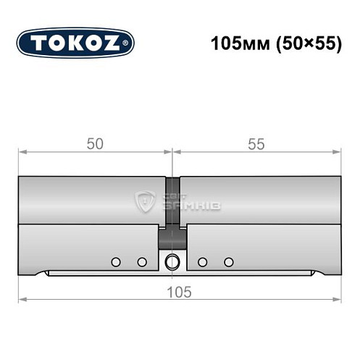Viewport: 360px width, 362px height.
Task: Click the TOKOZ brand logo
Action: coord(75,43)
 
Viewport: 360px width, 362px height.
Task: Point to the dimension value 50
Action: coord(94,144)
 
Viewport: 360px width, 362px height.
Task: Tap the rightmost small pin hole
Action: coord(229,261)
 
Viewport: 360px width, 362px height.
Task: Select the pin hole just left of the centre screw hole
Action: coord(142,261)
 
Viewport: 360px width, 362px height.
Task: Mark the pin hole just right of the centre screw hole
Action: coord(202,261)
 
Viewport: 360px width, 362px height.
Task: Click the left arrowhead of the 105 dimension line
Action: coord(22,299)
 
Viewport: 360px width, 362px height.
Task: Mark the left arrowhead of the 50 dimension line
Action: coord(22,152)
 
